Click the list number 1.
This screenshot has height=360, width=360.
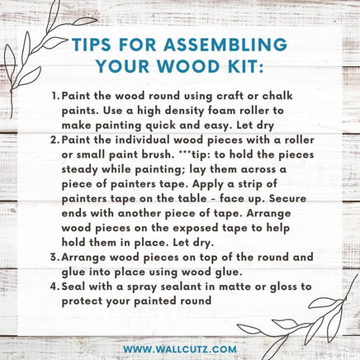55,96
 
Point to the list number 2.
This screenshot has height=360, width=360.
54,140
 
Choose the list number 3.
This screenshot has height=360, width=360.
54,258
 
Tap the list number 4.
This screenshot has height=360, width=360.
54,287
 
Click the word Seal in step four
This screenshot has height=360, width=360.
73,287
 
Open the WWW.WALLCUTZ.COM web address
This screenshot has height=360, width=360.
180,349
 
